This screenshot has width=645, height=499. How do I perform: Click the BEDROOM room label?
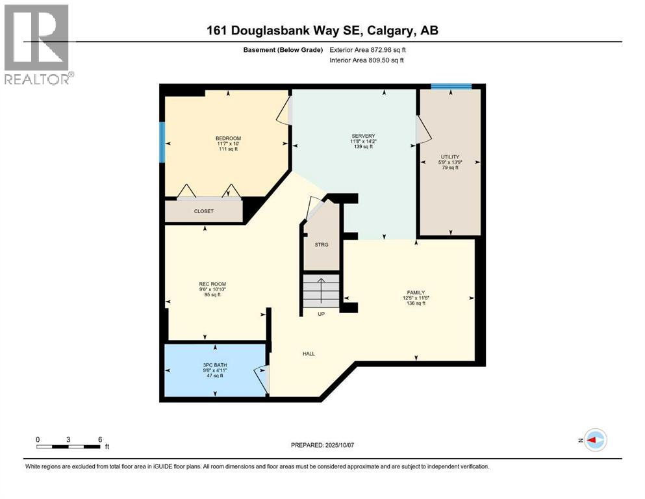228,138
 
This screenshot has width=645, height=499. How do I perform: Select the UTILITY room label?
449,157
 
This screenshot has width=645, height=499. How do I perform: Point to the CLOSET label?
203,211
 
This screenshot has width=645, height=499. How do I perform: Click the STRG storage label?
322,244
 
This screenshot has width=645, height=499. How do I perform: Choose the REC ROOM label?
212,284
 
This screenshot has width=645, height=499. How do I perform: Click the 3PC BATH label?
212,365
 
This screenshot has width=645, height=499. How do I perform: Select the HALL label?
309,353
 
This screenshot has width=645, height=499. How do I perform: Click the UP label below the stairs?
321,314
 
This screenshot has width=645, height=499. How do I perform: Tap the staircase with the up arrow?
321,290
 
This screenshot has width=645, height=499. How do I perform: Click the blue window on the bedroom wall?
162,142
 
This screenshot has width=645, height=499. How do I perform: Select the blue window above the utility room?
451,86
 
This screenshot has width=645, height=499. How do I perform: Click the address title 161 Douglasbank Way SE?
322,31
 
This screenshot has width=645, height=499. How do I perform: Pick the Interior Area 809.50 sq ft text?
367,60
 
